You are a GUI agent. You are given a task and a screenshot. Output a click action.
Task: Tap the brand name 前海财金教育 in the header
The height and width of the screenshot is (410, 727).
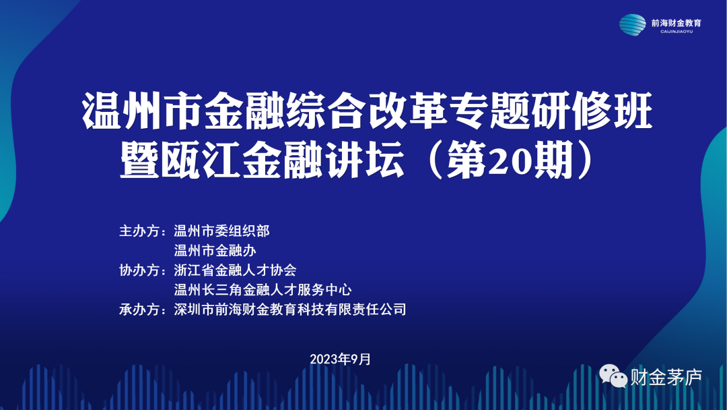pyautogui.click(x=676, y=22)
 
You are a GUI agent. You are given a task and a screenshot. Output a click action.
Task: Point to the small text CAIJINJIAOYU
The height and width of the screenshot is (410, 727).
pyautogui.click(x=676, y=32)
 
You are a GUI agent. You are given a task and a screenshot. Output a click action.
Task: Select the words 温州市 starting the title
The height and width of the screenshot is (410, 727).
pyautogui.click(x=141, y=112)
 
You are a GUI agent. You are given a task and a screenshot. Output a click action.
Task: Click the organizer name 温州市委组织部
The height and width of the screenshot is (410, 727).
pyautogui.click(x=221, y=231)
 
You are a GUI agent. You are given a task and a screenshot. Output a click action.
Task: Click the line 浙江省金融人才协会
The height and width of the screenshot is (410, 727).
pyautogui.click(x=235, y=270)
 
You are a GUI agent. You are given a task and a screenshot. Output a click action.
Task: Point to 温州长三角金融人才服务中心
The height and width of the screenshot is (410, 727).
pyautogui.click(x=263, y=290)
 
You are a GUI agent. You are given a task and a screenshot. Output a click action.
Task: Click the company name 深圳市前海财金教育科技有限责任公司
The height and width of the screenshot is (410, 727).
pyautogui.click(x=289, y=310)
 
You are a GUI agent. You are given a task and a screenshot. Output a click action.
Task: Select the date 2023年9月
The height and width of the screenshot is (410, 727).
pyautogui.click(x=340, y=359)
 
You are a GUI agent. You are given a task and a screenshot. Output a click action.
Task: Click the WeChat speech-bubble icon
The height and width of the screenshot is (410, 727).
pyautogui.click(x=613, y=376)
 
